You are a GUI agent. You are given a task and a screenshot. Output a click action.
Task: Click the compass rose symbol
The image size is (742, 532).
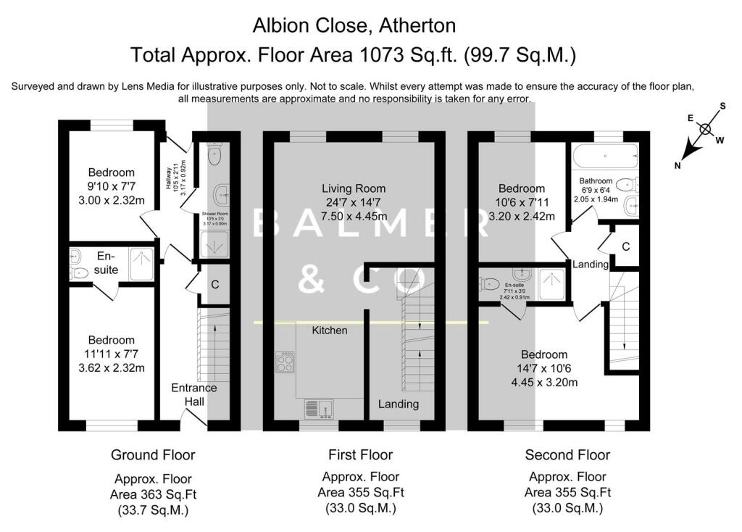pos(704,130)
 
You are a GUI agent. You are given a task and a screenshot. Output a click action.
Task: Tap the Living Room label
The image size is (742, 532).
pos(354,188)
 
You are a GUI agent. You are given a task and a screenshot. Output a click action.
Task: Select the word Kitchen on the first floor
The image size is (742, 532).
pos(330,331)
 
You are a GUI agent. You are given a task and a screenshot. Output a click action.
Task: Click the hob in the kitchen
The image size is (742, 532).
pos(285,361)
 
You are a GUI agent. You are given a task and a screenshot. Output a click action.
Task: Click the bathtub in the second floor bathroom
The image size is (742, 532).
pos(604,154)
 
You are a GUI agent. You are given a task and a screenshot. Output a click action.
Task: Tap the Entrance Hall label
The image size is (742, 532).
pos(193,394)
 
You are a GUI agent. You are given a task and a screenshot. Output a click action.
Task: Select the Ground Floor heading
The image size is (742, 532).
pos(153,455)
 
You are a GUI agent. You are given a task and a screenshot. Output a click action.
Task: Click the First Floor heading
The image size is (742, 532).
pos(360,455)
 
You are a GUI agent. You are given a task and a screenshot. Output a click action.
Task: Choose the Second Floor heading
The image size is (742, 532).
pos(567,455)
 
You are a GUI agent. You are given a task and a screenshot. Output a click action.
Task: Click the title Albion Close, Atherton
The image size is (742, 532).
pos(354,26)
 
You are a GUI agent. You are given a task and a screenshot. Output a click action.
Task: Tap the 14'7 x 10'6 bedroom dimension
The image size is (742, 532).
pos(545,368)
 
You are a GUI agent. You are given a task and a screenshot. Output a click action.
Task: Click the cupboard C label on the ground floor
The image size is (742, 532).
pos(215,285)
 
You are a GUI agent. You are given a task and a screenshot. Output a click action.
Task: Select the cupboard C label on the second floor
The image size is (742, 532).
pos(625,246)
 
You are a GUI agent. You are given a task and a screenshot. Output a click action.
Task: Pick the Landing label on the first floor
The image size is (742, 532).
pos(399,404)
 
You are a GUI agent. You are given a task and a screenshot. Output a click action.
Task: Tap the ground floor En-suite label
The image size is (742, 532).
pos(106,262)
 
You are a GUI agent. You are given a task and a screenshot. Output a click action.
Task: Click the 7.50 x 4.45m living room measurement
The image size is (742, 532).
pos(354,216)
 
